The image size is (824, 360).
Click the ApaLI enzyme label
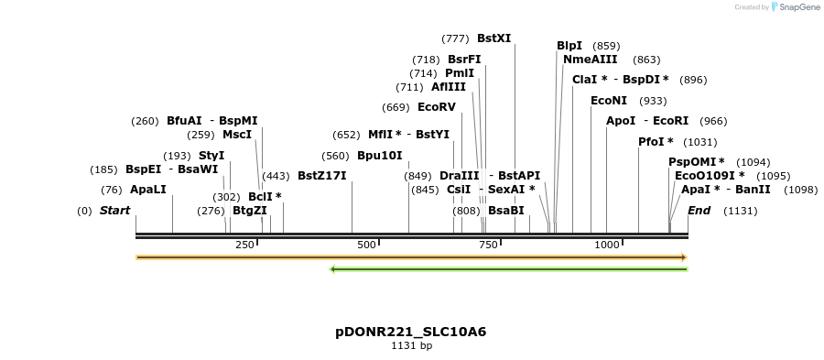tap(148, 190)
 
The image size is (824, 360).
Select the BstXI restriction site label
tap(493, 38)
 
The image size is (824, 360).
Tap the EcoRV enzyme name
tap(436, 107)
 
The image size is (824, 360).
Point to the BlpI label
tap(569, 46)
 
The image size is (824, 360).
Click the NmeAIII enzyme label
tap(590, 60)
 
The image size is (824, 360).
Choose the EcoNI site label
tap(609, 101)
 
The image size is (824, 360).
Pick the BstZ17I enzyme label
tap(321, 176)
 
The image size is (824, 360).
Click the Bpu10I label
tap(379, 156)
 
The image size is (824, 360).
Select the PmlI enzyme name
tap(459, 73)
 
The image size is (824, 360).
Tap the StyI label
tap(211, 156)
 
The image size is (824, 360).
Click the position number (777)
tap(455, 38)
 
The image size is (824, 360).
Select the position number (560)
tap(335, 156)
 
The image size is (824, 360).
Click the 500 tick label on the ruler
tap(367, 245)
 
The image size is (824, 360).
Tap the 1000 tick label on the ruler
tap(607, 245)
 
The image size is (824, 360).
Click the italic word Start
tap(114, 211)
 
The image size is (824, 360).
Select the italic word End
tap(699, 211)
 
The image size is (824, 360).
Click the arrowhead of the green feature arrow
tap(334, 269)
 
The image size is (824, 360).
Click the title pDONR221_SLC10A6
tap(411, 332)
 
